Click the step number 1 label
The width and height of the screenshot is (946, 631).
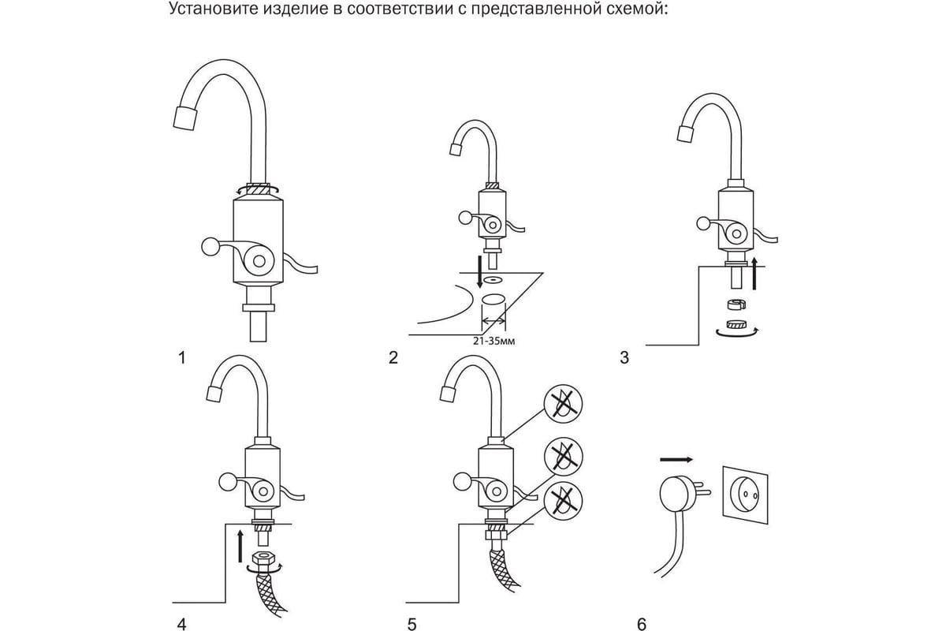pyautogui.click(x=182, y=358)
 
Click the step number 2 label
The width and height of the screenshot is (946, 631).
pyautogui.click(x=393, y=358)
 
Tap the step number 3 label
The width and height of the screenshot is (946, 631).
pyautogui.click(x=624, y=358)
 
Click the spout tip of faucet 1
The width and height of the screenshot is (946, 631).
pyautogui.click(x=184, y=119)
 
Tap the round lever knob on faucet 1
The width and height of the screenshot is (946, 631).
pyautogui.click(x=211, y=247)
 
